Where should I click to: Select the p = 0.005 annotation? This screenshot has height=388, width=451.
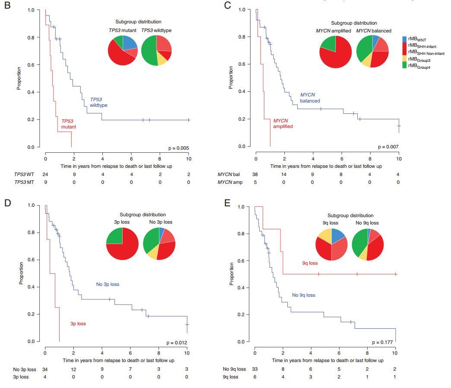pyautogui.click(x=178, y=148)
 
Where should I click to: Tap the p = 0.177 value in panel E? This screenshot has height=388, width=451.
pyautogui.click(x=384, y=342)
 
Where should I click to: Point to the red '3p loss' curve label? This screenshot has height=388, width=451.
pyautogui.click(x=78, y=324)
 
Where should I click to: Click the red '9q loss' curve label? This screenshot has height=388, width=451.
pyautogui.click(x=310, y=263)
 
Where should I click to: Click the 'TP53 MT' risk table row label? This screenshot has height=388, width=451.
pyautogui.click(x=23, y=182)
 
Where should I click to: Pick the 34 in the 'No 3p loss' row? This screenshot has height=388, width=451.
pyautogui.click(x=44, y=369)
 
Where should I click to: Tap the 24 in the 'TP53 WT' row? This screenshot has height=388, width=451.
pyautogui.click(x=44, y=174)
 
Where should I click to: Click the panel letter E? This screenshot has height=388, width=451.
pyautogui.click(x=228, y=203)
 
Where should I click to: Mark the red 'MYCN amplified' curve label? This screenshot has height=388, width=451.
pyautogui.click(x=283, y=123)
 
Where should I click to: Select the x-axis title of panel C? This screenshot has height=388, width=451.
pyautogui.click(x=326, y=166)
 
